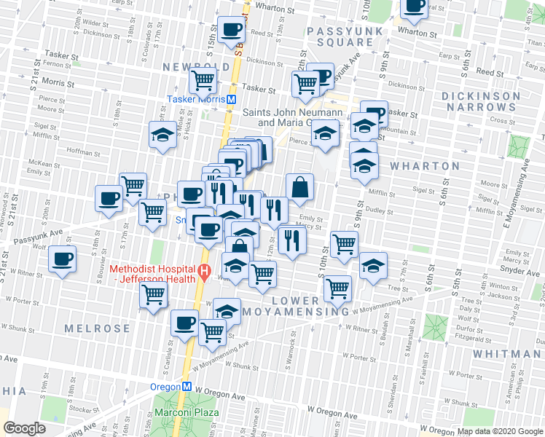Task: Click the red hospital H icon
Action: coord(205,275)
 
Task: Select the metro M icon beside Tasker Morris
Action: coord(231,99)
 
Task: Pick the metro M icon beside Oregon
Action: coord(187,387)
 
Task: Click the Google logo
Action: coord(26,428)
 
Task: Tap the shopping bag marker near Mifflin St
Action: coord(299,187)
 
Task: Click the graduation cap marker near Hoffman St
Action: coord(162,134)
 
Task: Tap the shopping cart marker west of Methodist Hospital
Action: coord(154,295)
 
